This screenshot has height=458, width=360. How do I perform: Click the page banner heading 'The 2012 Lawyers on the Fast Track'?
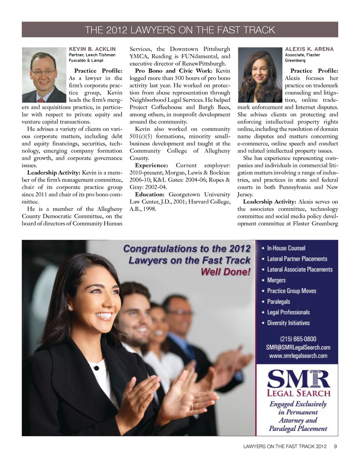(180, 30)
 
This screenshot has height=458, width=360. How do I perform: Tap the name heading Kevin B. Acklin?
(92, 49)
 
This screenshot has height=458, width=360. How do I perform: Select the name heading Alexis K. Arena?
(309, 49)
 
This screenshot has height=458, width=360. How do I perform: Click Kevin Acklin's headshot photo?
(44, 75)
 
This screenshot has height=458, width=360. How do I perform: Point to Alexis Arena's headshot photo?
(259, 75)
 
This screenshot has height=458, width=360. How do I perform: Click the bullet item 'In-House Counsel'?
(286, 248)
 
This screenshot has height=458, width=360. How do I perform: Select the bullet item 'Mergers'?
(276, 280)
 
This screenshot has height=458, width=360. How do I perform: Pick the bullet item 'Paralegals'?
(278, 302)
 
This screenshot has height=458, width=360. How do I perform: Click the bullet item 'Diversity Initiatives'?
(288, 323)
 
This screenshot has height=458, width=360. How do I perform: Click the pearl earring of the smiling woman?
(70, 308)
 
